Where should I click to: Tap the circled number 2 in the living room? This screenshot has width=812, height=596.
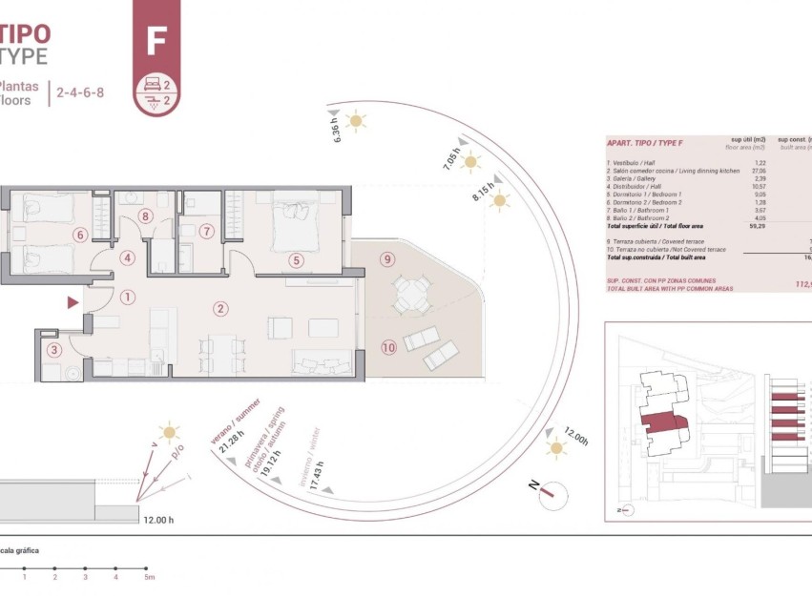click(220, 308)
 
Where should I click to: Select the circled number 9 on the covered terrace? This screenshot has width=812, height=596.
click(386, 258)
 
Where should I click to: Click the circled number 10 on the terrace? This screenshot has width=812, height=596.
click(388, 346)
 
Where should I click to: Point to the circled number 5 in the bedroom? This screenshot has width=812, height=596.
click(297, 259)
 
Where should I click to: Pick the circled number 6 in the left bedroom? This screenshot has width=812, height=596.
click(80, 235)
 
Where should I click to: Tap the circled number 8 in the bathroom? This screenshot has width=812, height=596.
click(145, 216)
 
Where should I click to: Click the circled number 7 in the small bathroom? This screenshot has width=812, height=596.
click(206, 231)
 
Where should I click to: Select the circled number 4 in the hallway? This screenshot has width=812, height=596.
click(127, 257)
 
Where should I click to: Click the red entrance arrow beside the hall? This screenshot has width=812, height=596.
click(73, 303)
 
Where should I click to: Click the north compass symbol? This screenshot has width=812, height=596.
click(551, 493)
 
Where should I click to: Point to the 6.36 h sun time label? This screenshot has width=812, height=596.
click(336, 131)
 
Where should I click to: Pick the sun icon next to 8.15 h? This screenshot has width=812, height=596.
click(500, 201)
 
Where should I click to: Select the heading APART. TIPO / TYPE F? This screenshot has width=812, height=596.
click(645, 143)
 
